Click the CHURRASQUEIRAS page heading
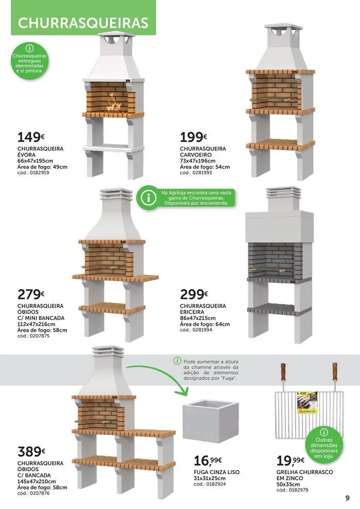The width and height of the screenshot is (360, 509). (x=83, y=23)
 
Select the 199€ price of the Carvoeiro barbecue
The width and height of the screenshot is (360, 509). (x=193, y=137)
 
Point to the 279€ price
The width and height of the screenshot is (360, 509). (x=31, y=295)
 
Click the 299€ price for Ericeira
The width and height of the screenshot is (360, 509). (x=194, y=295)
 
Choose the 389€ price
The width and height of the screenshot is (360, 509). (x=31, y=451)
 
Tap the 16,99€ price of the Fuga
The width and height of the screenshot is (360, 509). (x=208, y=461)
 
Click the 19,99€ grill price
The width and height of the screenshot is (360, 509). (x=291, y=461)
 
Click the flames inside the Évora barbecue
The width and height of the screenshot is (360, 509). (x=114, y=104)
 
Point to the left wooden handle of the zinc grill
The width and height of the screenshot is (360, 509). (x=283, y=372)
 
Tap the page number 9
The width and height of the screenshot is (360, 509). (x=347, y=498)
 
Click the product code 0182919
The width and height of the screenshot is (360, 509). (x=33, y=173)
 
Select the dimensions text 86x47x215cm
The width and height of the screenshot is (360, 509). (x=197, y=318)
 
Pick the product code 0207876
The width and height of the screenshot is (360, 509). (x=33, y=493)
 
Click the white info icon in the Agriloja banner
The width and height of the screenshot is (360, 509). (x=148, y=198)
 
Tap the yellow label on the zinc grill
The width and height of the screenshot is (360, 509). (x=307, y=403)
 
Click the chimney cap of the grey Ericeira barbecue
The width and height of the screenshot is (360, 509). (x=283, y=192)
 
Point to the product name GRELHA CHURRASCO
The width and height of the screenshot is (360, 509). (x=305, y=472)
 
